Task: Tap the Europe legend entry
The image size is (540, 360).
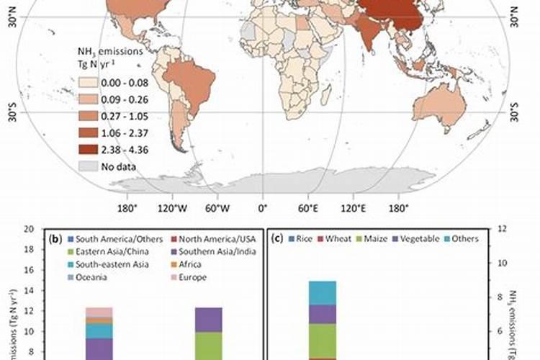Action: click(194, 277)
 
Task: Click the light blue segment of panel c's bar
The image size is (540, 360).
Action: click(323, 292)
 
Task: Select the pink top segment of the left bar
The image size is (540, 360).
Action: click(99, 312)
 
